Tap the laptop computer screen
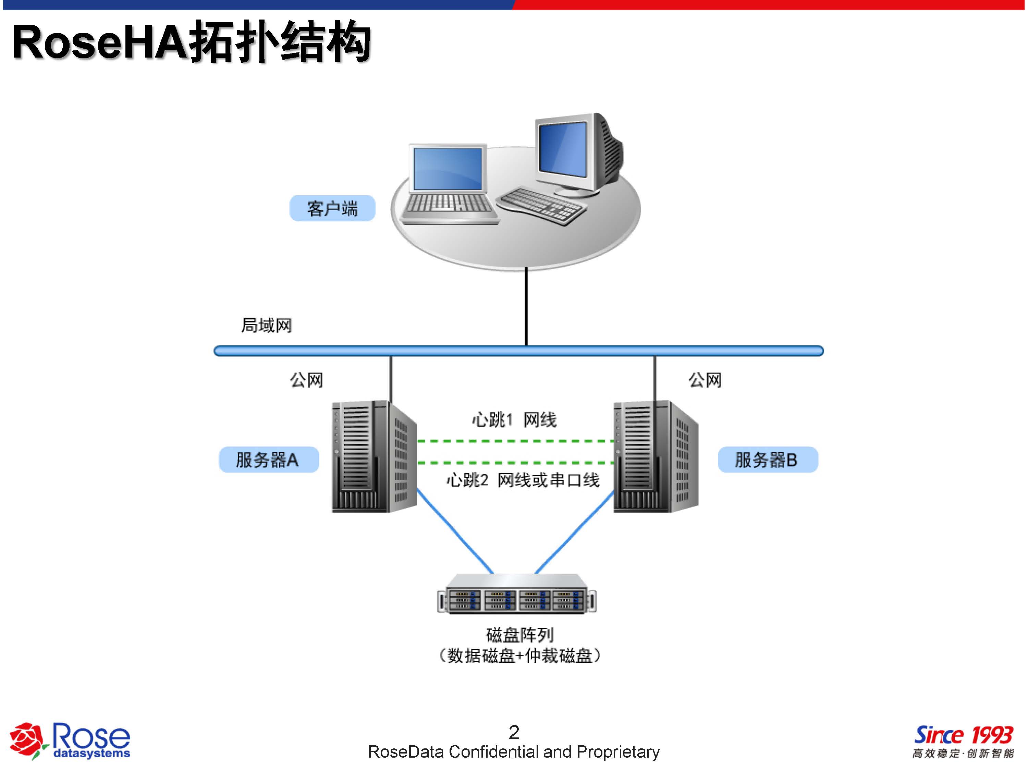447,168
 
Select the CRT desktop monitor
576,154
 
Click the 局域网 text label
266,325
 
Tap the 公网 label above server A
306,380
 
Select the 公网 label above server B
705,380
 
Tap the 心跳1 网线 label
514,420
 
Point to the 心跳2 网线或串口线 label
523,480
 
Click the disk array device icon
517,595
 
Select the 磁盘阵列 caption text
519,635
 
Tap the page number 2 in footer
514,733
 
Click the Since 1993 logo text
963,735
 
